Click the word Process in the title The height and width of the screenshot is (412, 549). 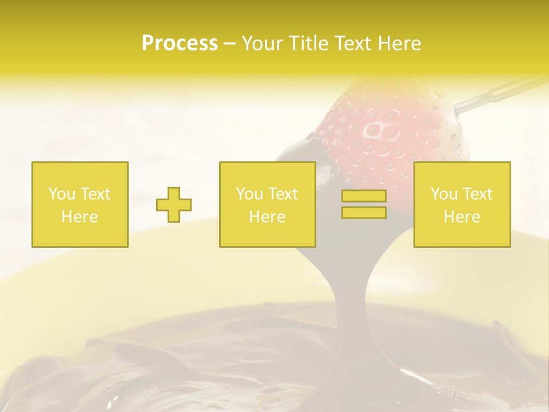(x=180, y=43)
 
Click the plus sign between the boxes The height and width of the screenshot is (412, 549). (x=174, y=205)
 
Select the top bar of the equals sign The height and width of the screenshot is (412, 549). (x=364, y=196)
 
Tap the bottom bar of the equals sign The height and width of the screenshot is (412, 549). (x=364, y=213)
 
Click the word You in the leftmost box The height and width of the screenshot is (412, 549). (x=62, y=194)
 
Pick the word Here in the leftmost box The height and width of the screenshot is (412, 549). (x=79, y=217)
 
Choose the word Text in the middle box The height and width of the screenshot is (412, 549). (x=283, y=194)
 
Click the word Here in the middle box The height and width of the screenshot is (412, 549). (x=267, y=217)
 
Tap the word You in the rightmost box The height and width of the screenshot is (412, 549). (x=444, y=194)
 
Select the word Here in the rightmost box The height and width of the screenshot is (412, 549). (x=462, y=217)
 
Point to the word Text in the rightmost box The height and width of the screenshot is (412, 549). (x=478, y=194)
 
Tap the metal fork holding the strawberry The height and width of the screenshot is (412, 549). (x=492, y=94)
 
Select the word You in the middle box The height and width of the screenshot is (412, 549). (x=249, y=194)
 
